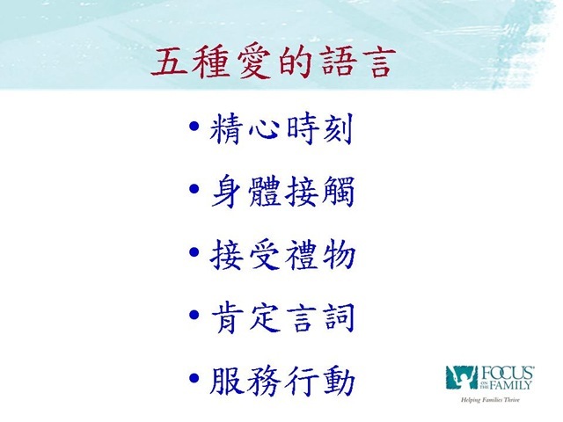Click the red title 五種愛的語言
(x=273, y=62)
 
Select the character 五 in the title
(x=170, y=62)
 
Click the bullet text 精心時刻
(x=281, y=128)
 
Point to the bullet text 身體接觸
(x=283, y=192)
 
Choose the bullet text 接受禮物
(x=283, y=254)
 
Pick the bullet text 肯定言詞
(x=283, y=317)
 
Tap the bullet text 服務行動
(x=282, y=381)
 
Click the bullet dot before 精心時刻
(x=194, y=127)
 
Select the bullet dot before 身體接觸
(x=194, y=189)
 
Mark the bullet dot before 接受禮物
(x=194, y=252)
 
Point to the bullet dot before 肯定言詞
(x=194, y=315)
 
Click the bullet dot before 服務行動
(x=194, y=378)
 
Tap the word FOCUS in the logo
(x=507, y=373)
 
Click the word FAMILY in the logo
(x=510, y=385)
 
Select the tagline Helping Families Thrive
(x=490, y=400)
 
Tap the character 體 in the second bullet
(x=264, y=192)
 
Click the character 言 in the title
(x=379, y=63)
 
